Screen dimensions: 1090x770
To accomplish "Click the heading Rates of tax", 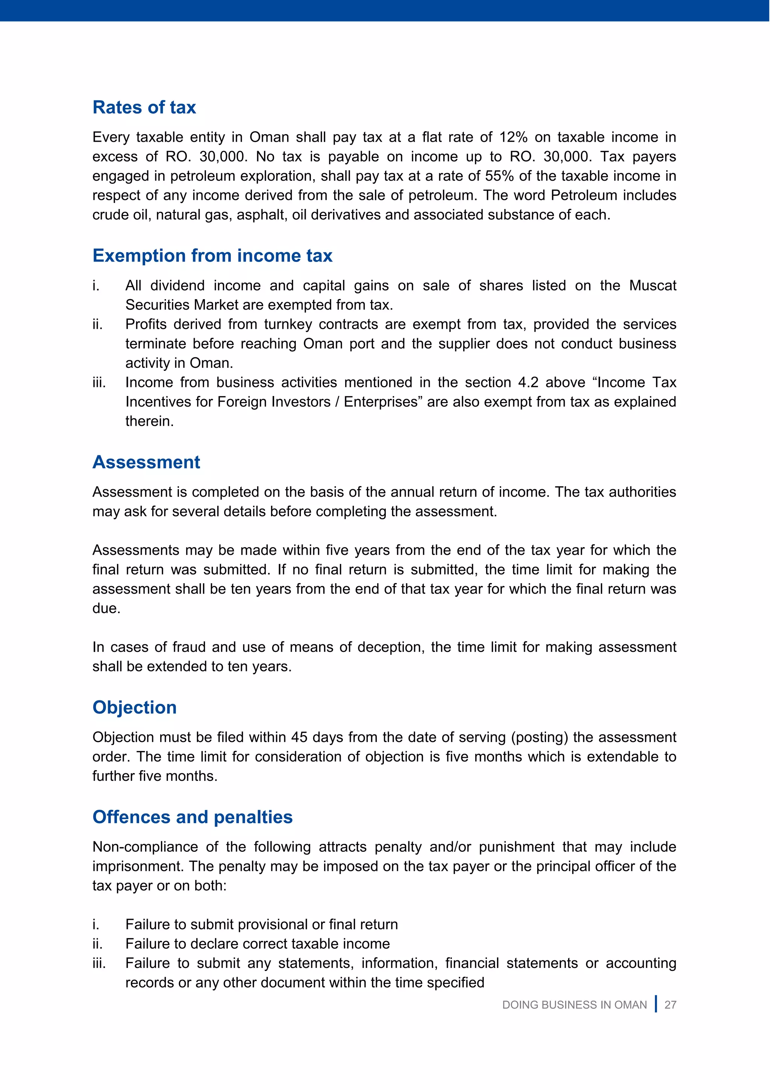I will pyautogui.click(x=144, y=107).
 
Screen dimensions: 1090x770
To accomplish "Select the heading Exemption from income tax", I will pyautogui.click(x=212, y=255).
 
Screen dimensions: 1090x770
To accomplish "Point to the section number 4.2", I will pyautogui.click(x=528, y=382).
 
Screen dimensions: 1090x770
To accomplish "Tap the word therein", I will pyautogui.click(x=149, y=421).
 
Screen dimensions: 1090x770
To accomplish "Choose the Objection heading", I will pyautogui.click(x=135, y=708).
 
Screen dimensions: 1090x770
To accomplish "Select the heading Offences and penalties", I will pyautogui.click(x=192, y=817).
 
